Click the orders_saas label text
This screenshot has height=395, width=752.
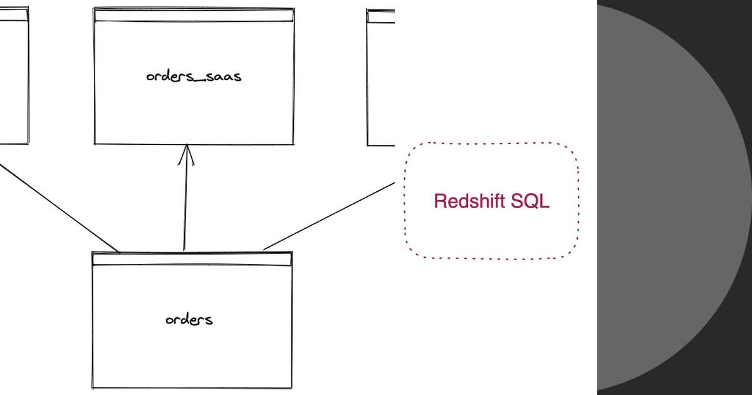tap(193, 77)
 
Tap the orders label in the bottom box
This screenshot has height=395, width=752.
tap(189, 320)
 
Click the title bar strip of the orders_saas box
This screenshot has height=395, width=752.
tap(194, 16)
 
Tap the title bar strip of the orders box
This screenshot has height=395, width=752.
tap(192, 258)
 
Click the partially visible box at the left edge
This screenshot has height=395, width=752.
tap(14, 82)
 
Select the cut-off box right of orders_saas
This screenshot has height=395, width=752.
tap(380, 82)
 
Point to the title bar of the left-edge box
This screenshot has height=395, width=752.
tap(14, 15)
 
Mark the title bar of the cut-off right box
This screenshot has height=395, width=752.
tap(380, 17)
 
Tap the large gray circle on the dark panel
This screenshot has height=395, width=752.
tap(671, 197)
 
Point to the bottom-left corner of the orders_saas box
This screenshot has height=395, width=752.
tap(95, 144)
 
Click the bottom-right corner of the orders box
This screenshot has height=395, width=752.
tap(291, 388)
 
